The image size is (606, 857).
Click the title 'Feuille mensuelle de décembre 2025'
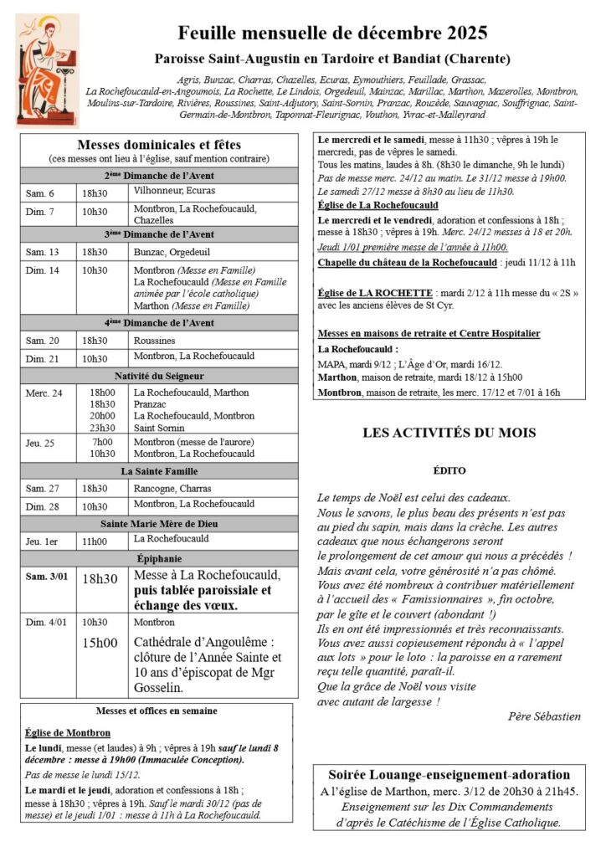click(332, 34)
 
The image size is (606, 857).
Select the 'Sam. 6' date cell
click(40, 193)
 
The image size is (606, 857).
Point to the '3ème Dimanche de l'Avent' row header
click(159, 234)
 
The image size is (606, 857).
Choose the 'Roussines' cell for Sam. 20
click(155, 341)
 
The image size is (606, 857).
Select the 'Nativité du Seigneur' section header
click(159, 376)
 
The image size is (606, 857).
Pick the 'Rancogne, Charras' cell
click(172, 488)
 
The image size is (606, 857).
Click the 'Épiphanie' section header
click(159, 558)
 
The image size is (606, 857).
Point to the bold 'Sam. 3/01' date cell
click(45, 577)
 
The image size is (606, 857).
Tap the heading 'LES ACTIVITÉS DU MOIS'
click(449, 433)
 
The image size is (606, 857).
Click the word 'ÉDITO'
click(449, 471)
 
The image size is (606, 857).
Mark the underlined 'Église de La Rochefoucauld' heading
click(378, 204)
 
